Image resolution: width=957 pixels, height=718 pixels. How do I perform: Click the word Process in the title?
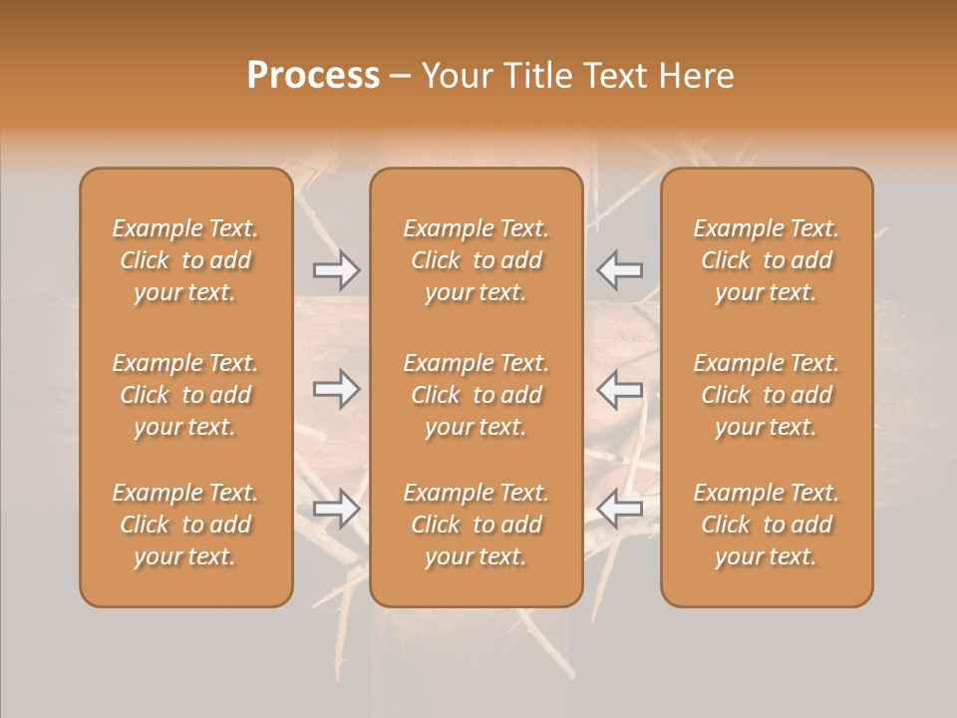tap(313, 76)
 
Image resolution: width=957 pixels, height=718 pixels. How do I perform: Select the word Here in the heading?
tap(698, 76)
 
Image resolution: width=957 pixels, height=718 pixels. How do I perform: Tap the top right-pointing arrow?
tap(336, 269)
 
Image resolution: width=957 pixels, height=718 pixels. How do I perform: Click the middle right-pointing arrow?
tap(336, 389)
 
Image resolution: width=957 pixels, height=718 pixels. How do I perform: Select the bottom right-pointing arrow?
tap(336, 509)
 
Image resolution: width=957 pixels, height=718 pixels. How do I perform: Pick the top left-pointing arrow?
tap(619, 269)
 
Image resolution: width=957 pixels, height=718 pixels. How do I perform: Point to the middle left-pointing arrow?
tap(619, 389)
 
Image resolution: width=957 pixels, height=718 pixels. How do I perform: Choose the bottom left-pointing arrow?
tap(619, 509)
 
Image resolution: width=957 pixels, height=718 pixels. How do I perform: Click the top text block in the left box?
tap(185, 260)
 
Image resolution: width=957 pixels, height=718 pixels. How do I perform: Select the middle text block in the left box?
tap(185, 395)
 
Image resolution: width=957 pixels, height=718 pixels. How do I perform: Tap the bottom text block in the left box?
tap(185, 525)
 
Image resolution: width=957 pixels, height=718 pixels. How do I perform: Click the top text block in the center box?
tap(477, 260)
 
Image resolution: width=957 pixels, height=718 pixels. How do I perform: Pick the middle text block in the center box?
tap(477, 395)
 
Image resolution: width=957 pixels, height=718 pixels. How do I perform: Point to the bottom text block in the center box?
tap(477, 525)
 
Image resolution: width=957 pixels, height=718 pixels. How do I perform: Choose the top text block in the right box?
tap(767, 260)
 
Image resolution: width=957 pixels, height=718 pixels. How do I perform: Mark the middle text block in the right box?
tap(767, 395)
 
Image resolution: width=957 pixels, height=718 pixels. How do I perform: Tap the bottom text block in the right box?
tap(767, 525)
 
